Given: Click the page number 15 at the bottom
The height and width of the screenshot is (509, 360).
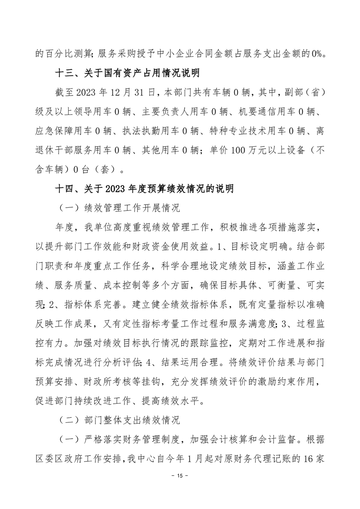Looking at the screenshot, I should [x=180, y=476].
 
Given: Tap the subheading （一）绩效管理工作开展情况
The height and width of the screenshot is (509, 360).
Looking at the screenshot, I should [x=120, y=209].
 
